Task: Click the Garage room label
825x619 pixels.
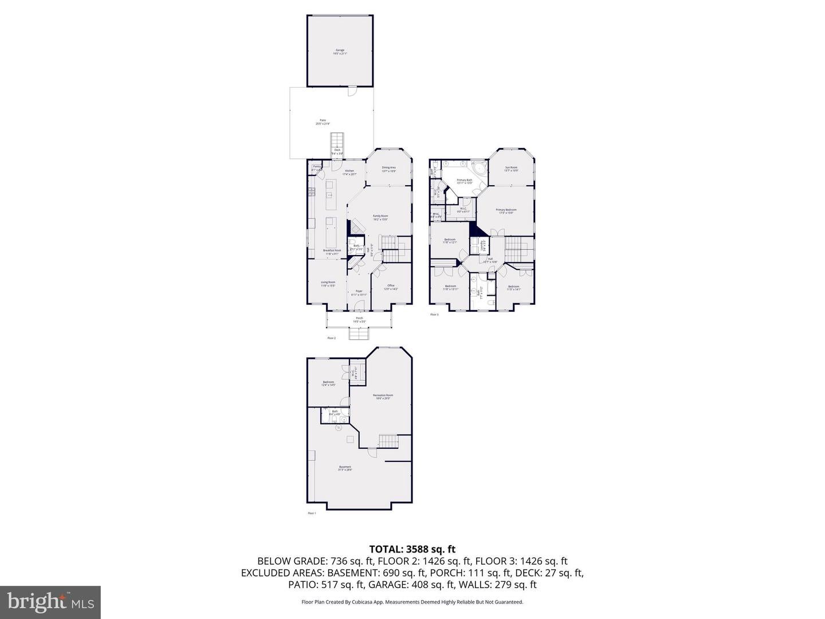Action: pos(340,52)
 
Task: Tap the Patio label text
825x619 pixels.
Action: pos(323,122)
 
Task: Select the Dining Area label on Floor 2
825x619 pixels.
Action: pos(389,169)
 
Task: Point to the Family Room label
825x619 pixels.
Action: pos(381,217)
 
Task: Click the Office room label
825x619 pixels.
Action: pos(391,287)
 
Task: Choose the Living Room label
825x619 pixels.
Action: pos(328,283)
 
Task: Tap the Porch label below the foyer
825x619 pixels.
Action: pos(359,320)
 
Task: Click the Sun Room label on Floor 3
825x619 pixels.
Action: pos(511,169)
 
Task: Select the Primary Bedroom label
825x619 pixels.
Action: pos(506,211)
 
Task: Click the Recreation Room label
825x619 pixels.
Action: pos(383,397)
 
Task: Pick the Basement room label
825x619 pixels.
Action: pos(345,468)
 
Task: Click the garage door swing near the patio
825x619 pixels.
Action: pos(352,92)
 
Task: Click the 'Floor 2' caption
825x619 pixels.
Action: pos(331,338)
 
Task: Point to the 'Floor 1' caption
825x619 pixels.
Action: pos(312,514)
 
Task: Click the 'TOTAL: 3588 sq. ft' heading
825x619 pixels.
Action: pos(412,549)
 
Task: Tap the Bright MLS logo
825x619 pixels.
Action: pos(50,602)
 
